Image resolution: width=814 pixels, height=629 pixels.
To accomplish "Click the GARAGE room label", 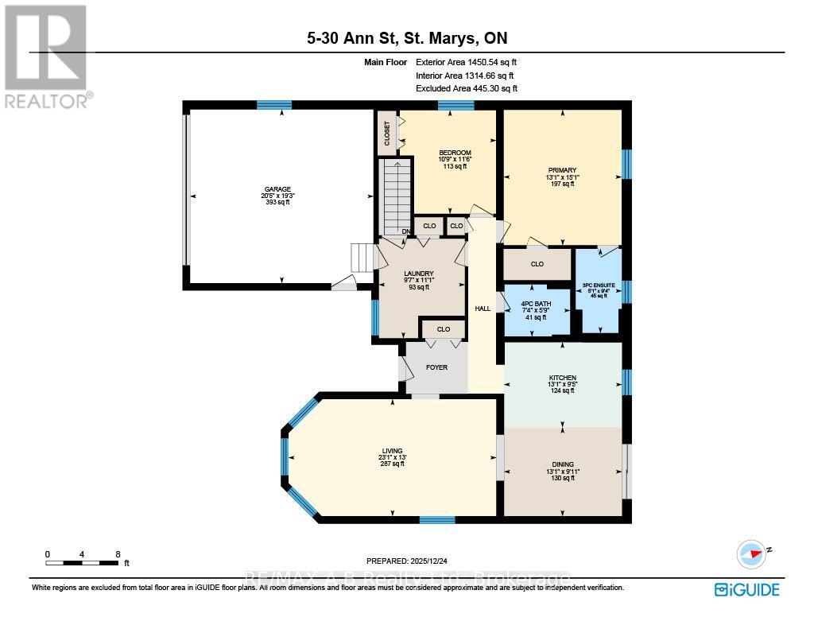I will pyautogui.click(x=277, y=189).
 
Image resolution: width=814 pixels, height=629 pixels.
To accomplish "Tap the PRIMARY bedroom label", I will pyautogui.click(x=562, y=169).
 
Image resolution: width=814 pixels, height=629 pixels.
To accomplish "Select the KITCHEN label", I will pyautogui.click(x=562, y=378).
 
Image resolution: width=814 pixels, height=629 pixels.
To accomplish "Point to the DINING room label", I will pyautogui.click(x=562, y=464).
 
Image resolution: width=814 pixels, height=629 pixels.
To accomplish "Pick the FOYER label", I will pyautogui.click(x=436, y=367).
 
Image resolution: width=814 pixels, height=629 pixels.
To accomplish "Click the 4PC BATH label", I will pyautogui.click(x=537, y=303).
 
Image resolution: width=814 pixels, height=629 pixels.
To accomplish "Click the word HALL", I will pyautogui.click(x=483, y=309).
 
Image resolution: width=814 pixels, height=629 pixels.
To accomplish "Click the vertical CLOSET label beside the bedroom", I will pyautogui.click(x=387, y=132).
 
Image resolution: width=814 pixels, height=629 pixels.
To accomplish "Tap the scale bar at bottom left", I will pyautogui.click(x=83, y=563).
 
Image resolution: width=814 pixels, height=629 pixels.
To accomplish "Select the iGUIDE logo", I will pyautogui.click(x=746, y=589).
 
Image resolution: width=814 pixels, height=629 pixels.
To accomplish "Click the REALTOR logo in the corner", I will pyautogui.click(x=46, y=56).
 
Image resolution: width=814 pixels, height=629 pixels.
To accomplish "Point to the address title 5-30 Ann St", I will pyautogui.click(x=406, y=38).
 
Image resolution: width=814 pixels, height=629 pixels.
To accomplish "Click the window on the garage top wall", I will pyautogui.click(x=273, y=105).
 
